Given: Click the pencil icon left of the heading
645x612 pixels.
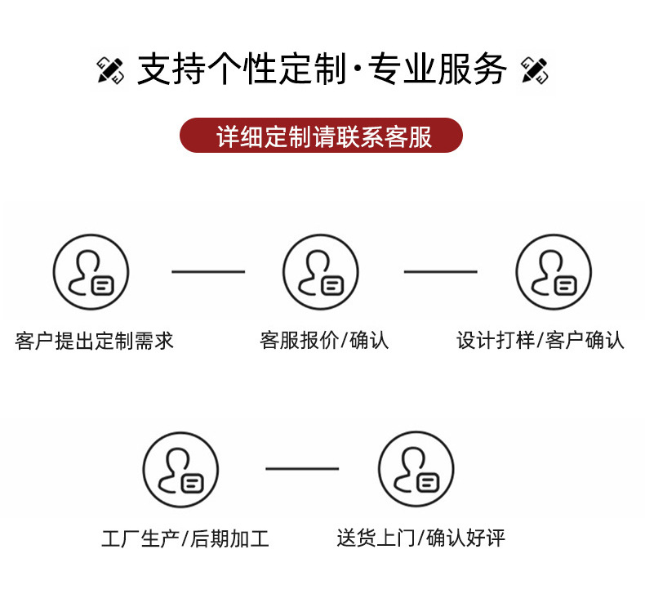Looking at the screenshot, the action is tap(110, 70).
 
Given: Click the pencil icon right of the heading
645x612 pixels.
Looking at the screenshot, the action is tap(534, 70).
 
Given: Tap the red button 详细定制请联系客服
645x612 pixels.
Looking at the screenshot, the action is tap(321, 136).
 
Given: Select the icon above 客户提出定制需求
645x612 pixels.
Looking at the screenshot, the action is tap(91, 272).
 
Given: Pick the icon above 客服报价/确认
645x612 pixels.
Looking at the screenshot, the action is tap(321, 272).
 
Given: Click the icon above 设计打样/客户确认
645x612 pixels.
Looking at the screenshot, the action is tap(554, 272).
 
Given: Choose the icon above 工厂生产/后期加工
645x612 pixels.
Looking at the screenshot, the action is tap(180, 469).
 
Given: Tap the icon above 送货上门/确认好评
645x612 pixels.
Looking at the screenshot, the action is tap(416, 469).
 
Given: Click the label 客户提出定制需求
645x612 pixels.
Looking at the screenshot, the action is tap(95, 341).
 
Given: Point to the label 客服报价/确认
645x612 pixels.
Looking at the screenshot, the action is tap(324, 341).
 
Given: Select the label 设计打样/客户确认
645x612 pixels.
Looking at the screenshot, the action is tap(540, 341).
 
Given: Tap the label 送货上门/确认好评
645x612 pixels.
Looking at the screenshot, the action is tap(420, 538).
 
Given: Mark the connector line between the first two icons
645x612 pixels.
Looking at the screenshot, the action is tap(208, 272).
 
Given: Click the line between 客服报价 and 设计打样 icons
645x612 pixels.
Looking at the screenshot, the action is tap(440, 272).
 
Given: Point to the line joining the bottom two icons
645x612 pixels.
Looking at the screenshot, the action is tap(302, 469).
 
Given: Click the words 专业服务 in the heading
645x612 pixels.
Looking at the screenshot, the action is tap(438, 70).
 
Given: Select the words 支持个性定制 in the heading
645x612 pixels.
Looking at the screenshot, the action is tap(242, 70).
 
